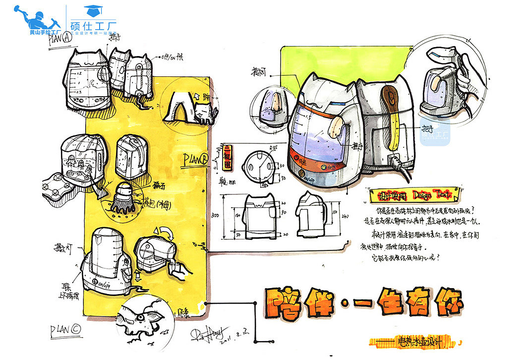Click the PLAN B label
[x=195, y=160]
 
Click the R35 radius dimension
[x=272, y=148]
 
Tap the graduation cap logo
[x=91, y=10]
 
